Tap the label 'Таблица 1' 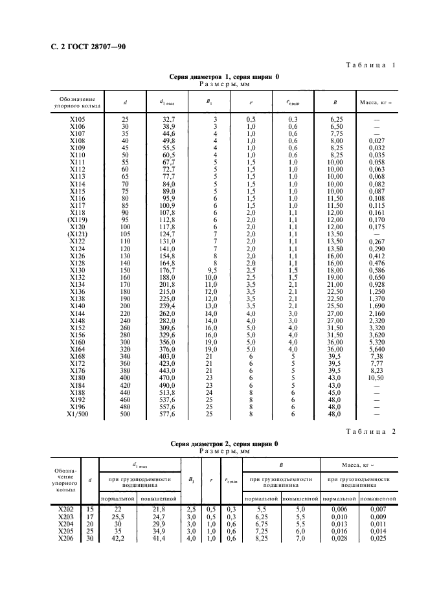coord(371,65)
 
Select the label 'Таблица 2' coord(371,431)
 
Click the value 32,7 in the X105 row coord(168,119)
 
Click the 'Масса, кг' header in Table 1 coord(376,102)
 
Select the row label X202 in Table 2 coord(67,509)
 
